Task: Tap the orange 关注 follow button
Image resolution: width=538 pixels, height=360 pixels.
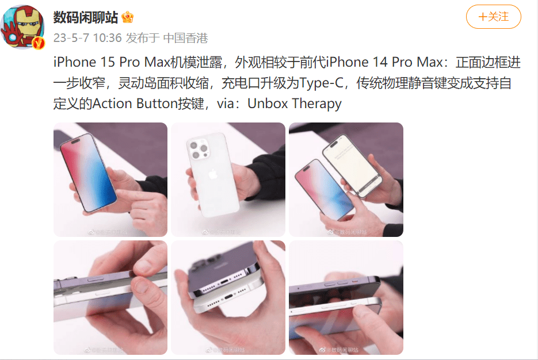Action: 493,17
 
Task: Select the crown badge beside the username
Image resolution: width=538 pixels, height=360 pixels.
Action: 128,18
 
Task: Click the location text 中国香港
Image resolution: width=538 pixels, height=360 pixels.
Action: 185,39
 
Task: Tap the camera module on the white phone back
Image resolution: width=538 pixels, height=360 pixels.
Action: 200,149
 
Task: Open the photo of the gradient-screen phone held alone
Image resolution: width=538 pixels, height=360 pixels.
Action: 110,179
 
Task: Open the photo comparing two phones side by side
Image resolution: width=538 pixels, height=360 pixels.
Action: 346,179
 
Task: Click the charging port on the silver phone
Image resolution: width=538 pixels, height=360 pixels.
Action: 228,299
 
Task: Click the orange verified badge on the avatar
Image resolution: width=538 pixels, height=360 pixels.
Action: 38,43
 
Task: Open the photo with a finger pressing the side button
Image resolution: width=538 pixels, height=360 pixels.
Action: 110,297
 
